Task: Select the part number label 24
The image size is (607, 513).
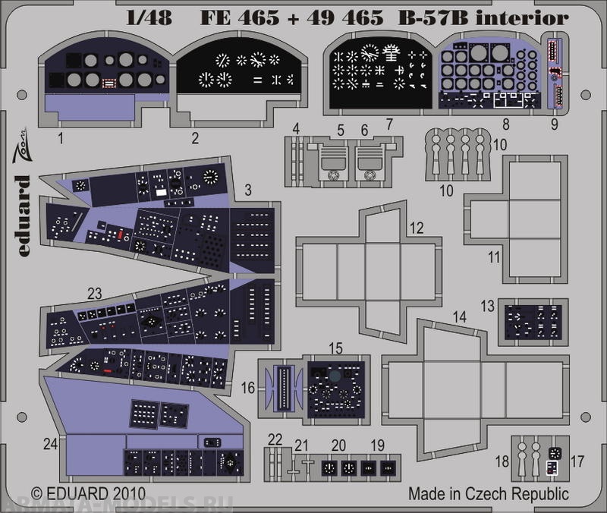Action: [x=50, y=447]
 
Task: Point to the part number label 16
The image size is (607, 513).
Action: [x=248, y=388]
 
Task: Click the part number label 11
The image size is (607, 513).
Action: [x=494, y=257]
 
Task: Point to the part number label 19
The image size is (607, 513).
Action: [x=378, y=446]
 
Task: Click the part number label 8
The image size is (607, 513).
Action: [x=505, y=122]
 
